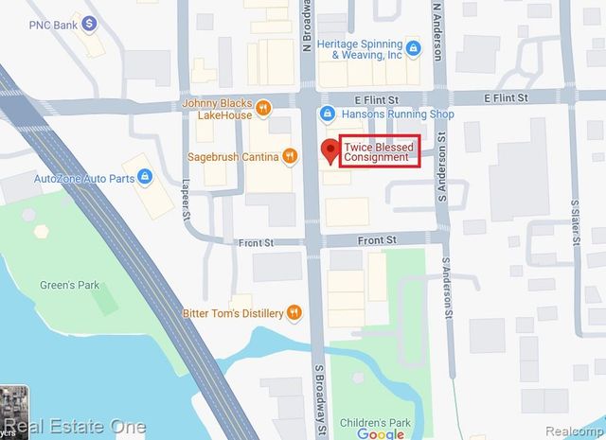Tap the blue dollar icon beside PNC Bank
click(x=89, y=21)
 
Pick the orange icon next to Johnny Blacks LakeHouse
click(x=264, y=106)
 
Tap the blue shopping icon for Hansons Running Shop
click(x=327, y=114)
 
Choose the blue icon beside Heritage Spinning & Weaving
click(x=413, y=46)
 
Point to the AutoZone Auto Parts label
click(x=81, y=177)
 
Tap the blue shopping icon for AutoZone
click(x=144, y=176)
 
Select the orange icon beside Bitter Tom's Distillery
click(x=295, y=311)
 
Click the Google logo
click(x=381, y=433)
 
